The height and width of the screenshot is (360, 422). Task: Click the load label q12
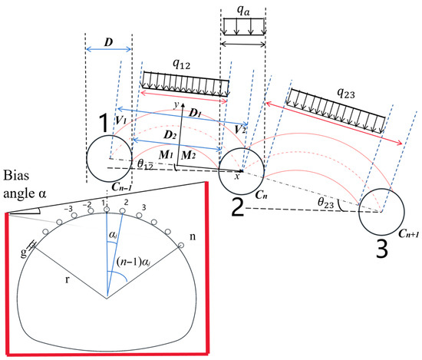181,64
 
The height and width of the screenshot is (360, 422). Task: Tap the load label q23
346,94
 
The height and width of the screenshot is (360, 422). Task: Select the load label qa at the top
243,11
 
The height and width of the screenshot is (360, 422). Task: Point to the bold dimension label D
108,42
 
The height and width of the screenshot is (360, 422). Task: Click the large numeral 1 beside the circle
104,123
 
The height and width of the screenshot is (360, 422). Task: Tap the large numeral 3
381,249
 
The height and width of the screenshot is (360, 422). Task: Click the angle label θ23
325,203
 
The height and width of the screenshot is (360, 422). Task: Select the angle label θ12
145,164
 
